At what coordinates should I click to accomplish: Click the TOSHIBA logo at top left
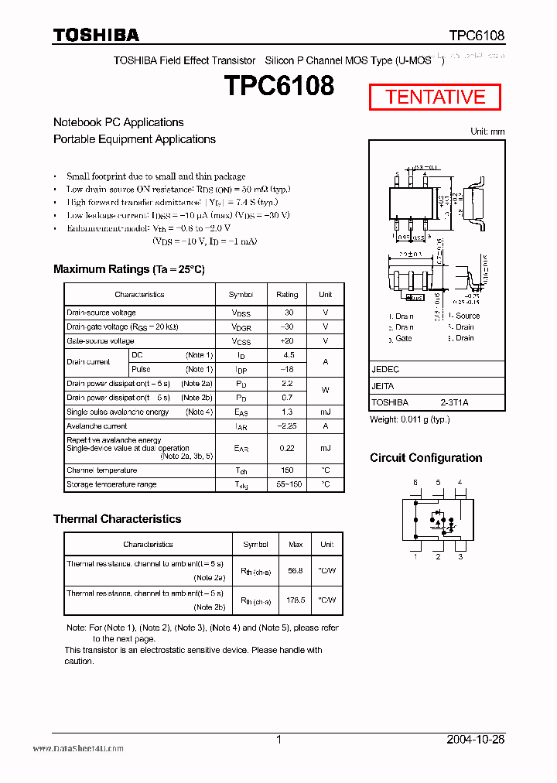pyautogui.click(x=96, y=35)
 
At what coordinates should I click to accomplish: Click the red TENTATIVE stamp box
pyautogui.click(x=435, y=97)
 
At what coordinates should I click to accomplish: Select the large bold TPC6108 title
pyautogui.click(x=279, y=86)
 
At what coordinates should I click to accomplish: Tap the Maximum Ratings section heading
pyautogui.click(x=128, y=269)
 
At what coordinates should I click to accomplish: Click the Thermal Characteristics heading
pyautogui.click(x=117, y=519)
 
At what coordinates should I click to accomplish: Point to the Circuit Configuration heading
pyautogui.click(x=425, y=458)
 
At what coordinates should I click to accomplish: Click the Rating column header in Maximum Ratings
pyautogui.click(x=287, y=295)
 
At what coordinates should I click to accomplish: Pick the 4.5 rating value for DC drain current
pyautogui.click(x=289, y=356)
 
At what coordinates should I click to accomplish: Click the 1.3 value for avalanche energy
pyautogui.click(x=288, y=412)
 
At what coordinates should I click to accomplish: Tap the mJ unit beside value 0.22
pyautogui.click(x=325, y=448)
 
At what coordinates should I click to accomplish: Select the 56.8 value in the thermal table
pyautogui.click(x=295, y=570)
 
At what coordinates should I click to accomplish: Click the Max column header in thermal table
pyautogui.click(x=296, y=545)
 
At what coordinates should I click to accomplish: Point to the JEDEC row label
pyautogui.click(x=385, y=370)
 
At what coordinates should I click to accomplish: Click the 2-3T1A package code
pyautogui.click(x=455, y=402)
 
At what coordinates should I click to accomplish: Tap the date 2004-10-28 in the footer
pyautogui.click(x=476, y=740)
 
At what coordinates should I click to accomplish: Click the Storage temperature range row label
pyautogui.click(x=111, y=484)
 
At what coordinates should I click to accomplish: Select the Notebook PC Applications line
pyautogui.click(x=118, y=122)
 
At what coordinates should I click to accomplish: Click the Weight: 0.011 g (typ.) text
pyautogui.click(x=410, y=419)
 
